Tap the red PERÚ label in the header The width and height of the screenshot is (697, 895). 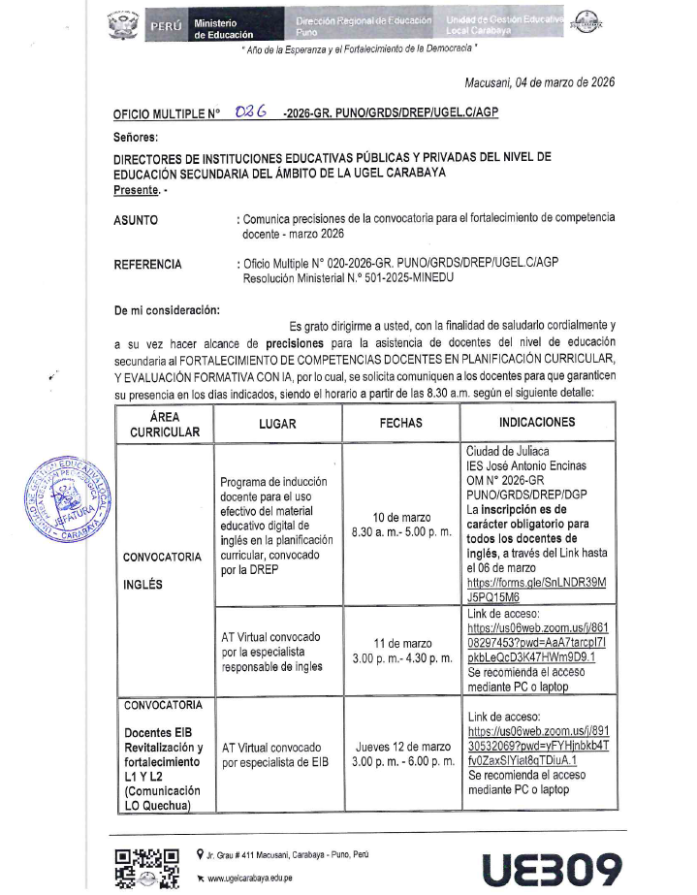tap(162, 27)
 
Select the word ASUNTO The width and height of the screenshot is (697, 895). tap(136, 220)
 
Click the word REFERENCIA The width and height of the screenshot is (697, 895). tap(147, 264)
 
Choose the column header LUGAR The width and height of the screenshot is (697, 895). tap(277, 424)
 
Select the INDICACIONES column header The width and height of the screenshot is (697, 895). tap(537, 423)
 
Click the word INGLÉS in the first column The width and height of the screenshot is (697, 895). tap(143, 585)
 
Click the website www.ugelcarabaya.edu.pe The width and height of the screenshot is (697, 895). tap(256, 877)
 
